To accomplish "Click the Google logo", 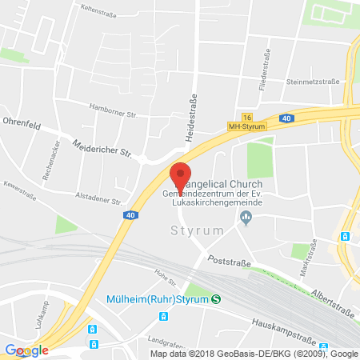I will [26, 350].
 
